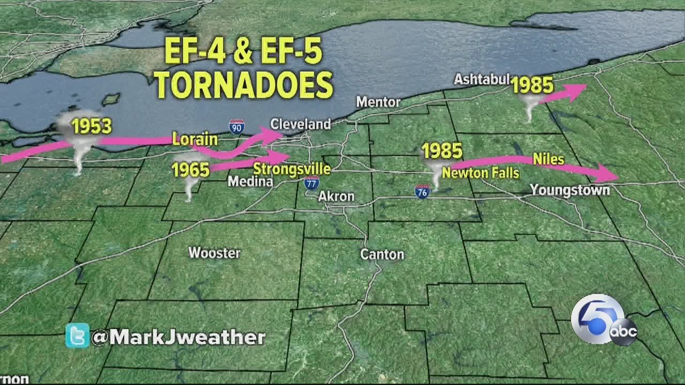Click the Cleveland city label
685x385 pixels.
pos(300,124)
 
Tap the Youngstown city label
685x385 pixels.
pos(569,190)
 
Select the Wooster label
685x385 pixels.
pos(214,253)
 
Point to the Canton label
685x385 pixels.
pos(382,254)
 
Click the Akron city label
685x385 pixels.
pos(336,196)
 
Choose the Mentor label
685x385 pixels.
pos(378,102)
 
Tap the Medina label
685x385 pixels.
pos(250,182)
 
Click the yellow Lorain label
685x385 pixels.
pos(195,140)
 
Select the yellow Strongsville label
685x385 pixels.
pos(292,169)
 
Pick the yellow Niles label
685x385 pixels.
pos(548,159)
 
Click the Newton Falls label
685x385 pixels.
pos(480,173)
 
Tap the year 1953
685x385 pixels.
pos(92,126)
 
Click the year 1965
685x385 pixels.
pos(191,170)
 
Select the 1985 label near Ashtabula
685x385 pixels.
pos(532,85)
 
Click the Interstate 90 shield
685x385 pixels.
pos(236,126)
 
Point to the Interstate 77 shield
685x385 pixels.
pos(311,182)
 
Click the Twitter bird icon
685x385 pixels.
pos(77,336)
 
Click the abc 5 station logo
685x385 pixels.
pos(603,320)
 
